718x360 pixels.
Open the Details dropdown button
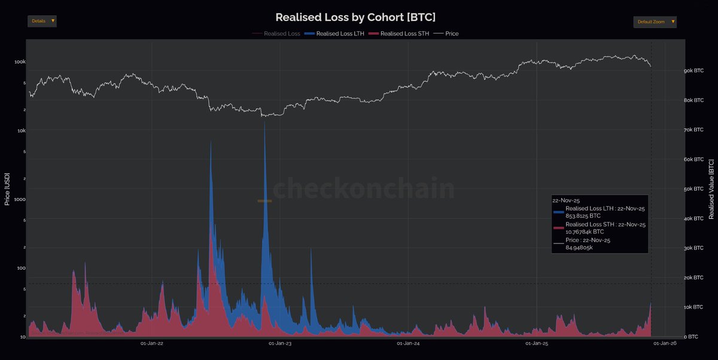(x=42, y=21)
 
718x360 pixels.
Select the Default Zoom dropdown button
(x=655, y=22)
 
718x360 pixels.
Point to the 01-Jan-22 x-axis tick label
(x=152, y=343)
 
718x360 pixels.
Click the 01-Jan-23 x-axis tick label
(x=281, y=343)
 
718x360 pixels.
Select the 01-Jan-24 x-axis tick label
(x=409, y=343)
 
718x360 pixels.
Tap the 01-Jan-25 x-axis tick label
(x=537, y=343)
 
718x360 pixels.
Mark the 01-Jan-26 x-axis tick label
(x=665, y=343)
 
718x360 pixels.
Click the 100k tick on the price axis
(x=20, y=62)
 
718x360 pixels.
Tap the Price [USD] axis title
(x=7, y=189)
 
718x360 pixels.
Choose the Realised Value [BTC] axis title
(x=711, y=189)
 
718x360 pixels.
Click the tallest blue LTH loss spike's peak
(x=264, y=121)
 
